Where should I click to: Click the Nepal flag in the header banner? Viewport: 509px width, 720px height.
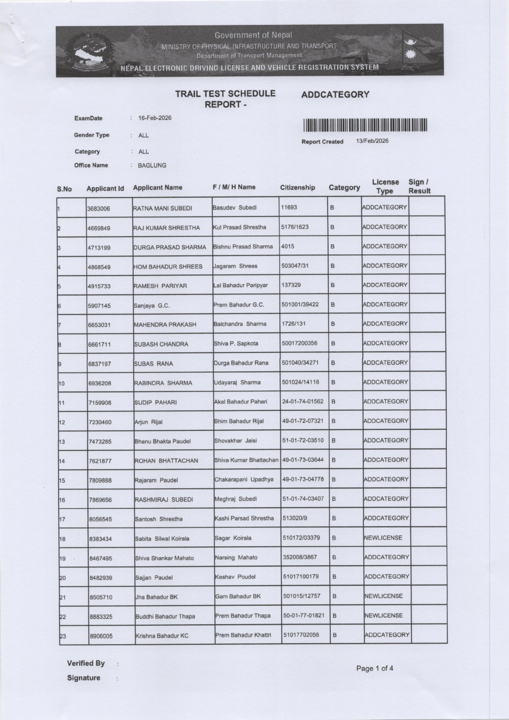click(414, 49)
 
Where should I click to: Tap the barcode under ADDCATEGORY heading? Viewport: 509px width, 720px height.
click(365, 126)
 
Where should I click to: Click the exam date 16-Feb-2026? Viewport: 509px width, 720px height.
click(155, 118)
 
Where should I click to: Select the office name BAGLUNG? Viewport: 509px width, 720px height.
click(152, 166)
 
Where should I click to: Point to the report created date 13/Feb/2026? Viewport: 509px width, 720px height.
click(372, 141)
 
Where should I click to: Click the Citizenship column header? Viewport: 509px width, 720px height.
click(297, 187)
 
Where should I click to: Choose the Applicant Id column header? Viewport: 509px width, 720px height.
click(105, 188)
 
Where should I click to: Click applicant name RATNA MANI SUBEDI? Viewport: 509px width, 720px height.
click(162, 208)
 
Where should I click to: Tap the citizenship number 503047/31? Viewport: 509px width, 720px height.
click(296, 266)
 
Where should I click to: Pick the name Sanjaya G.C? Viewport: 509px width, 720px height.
click(152, 306)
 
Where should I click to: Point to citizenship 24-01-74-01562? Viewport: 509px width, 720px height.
click(303, 402)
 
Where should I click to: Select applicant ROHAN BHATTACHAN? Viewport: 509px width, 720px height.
click(166, 461)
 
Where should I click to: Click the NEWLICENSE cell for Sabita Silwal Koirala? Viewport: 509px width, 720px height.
click(383, 538)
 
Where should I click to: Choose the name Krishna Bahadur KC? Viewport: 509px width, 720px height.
click(162, 636)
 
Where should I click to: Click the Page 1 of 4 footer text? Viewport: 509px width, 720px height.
click(375, 669)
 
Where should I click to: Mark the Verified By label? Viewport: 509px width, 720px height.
click(86, 663)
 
